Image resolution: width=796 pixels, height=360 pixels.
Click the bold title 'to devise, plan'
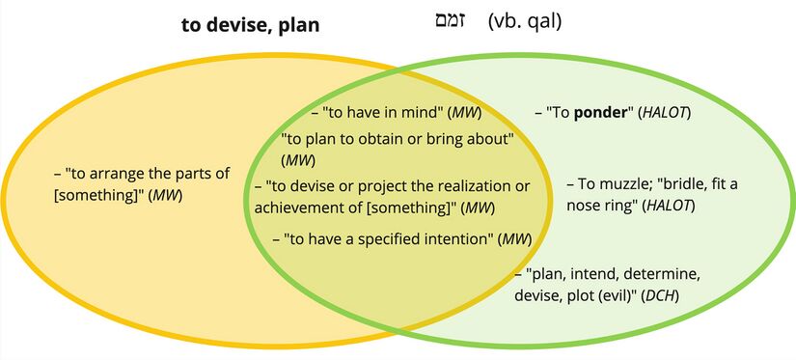pos(250,25)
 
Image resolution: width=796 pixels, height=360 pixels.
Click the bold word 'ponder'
pos(602,113)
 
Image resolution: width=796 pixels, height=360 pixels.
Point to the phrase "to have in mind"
pos(383,113)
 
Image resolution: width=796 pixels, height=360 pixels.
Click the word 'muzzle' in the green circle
pos(628,182)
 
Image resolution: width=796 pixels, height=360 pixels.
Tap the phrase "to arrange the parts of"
pos(148,174)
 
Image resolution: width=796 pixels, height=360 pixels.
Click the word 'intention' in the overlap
pos(457,237)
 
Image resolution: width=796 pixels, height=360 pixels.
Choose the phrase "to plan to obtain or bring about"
pos(396,137)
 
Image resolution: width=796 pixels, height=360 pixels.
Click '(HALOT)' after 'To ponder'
pos(665,113)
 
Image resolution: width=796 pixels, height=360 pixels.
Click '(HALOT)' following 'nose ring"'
pos(669,206)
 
